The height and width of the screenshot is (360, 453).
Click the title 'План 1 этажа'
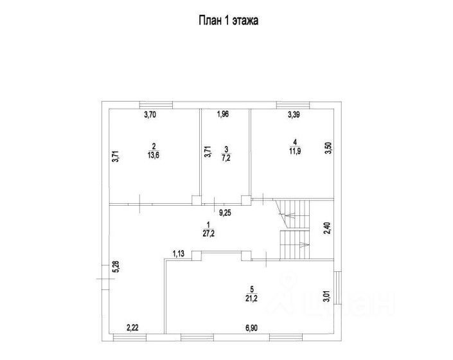(227, 20)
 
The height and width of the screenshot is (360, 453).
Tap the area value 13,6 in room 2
(154, 154)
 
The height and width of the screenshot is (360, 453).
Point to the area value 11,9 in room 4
(294, 151)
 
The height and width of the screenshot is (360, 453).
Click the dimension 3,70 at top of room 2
(150, 115)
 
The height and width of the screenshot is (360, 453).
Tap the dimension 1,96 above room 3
(222, 115)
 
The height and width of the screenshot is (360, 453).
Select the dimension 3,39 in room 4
(294, 116)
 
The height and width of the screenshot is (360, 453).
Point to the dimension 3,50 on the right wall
(327, 148)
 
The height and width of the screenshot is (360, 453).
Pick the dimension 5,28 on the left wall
(116, 266)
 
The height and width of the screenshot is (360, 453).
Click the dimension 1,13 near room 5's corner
(178, 253)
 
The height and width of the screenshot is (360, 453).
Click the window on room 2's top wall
(157, 104)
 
